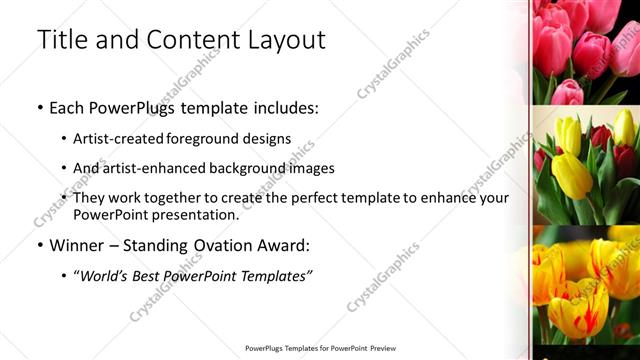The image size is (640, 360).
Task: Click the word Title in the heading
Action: [59, 40]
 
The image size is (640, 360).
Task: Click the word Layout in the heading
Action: [285, 40]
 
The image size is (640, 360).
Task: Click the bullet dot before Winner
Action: [39, 245]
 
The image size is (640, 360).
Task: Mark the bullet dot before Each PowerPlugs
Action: [39, 107]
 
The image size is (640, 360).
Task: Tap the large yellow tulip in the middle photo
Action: [572, 172]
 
